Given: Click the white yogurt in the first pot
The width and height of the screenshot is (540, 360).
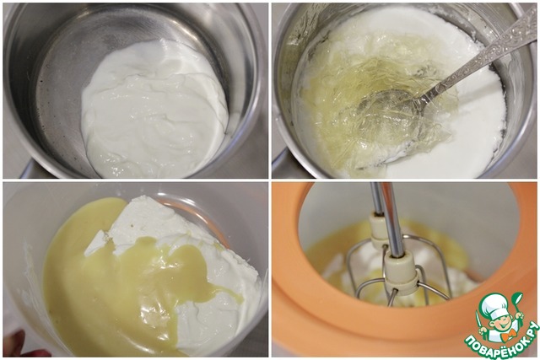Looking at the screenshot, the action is (x=155, y=107).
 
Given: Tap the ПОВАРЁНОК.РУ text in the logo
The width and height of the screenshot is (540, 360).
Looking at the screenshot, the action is (x=501, y=340).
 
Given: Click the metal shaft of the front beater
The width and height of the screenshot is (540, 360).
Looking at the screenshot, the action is (x=391, y=219).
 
